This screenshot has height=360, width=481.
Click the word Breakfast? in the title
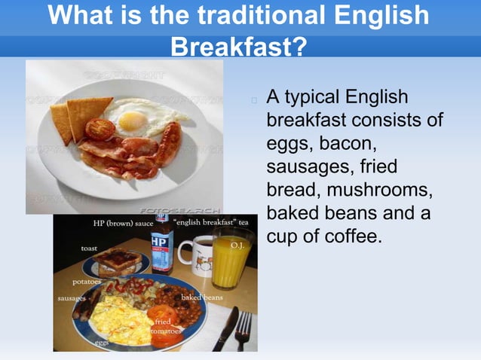pyautogui.click(x=239, y=47)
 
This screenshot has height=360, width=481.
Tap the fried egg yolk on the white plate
pyautogui.click(x=132, y=120)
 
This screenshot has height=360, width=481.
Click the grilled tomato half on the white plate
pyautogui.click(x=99, y=129)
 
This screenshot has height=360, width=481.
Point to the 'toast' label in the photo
pyautogui.click(x=90, y=248)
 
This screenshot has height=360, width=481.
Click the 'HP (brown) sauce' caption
pyautogui.click(x=123, y=224)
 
